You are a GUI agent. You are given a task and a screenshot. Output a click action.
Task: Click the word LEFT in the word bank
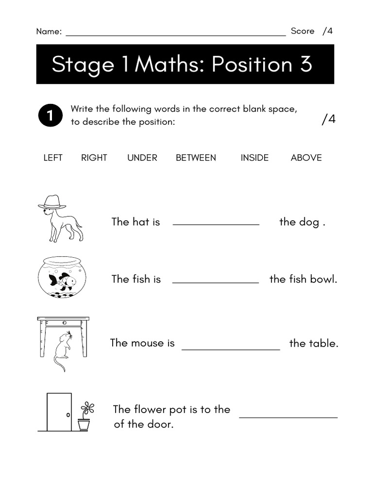pyautogui.click(x=53, y=158)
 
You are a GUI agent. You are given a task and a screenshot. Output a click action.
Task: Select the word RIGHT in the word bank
pyautogui.click(x=94, y=158)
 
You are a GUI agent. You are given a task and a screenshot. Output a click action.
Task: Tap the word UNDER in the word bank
pyautogui.click(x=142, y=158)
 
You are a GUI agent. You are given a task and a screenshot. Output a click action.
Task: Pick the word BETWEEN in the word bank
pyautogui.click(x=196, y=158)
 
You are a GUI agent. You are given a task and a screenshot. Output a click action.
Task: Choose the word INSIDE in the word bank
pyautogui.click(x=254, y=158)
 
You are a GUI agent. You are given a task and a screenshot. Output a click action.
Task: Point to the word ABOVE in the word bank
pyautogui.click(x=306, y=158)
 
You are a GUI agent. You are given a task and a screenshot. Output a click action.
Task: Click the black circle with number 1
pyautogui.click(x=50, y=116)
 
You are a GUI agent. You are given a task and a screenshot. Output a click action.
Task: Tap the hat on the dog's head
pyautogui.click(x=51, y=202)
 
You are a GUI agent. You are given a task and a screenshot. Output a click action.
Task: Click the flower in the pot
pyautogui.click(x=87, y=409)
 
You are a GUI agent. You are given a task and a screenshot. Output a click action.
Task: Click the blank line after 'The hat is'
pyautogui.click(x=216, y=224)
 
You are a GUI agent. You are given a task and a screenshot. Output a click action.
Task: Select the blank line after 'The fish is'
pyautogui.click(x=216, y=282)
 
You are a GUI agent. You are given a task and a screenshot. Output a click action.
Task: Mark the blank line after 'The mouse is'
pyautogui.click(x=231, y=348)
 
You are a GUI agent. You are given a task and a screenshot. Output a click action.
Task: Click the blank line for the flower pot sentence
pyautogui.click(x=288, y=416)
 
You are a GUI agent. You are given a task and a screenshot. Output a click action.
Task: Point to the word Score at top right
pyautogui.click(x=303, y=31)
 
